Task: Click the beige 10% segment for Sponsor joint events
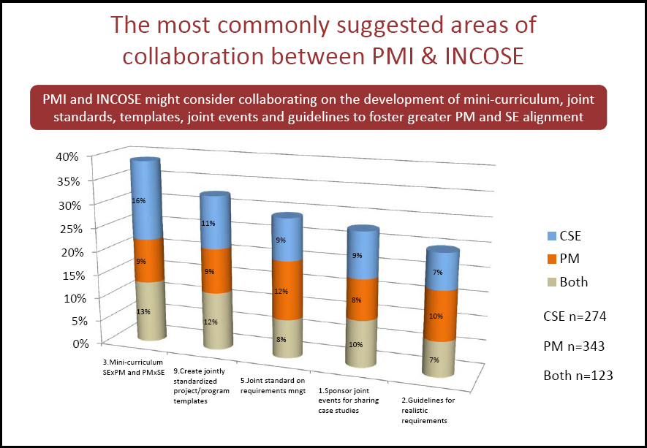coord(357,344)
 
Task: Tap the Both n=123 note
coord(578,376)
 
